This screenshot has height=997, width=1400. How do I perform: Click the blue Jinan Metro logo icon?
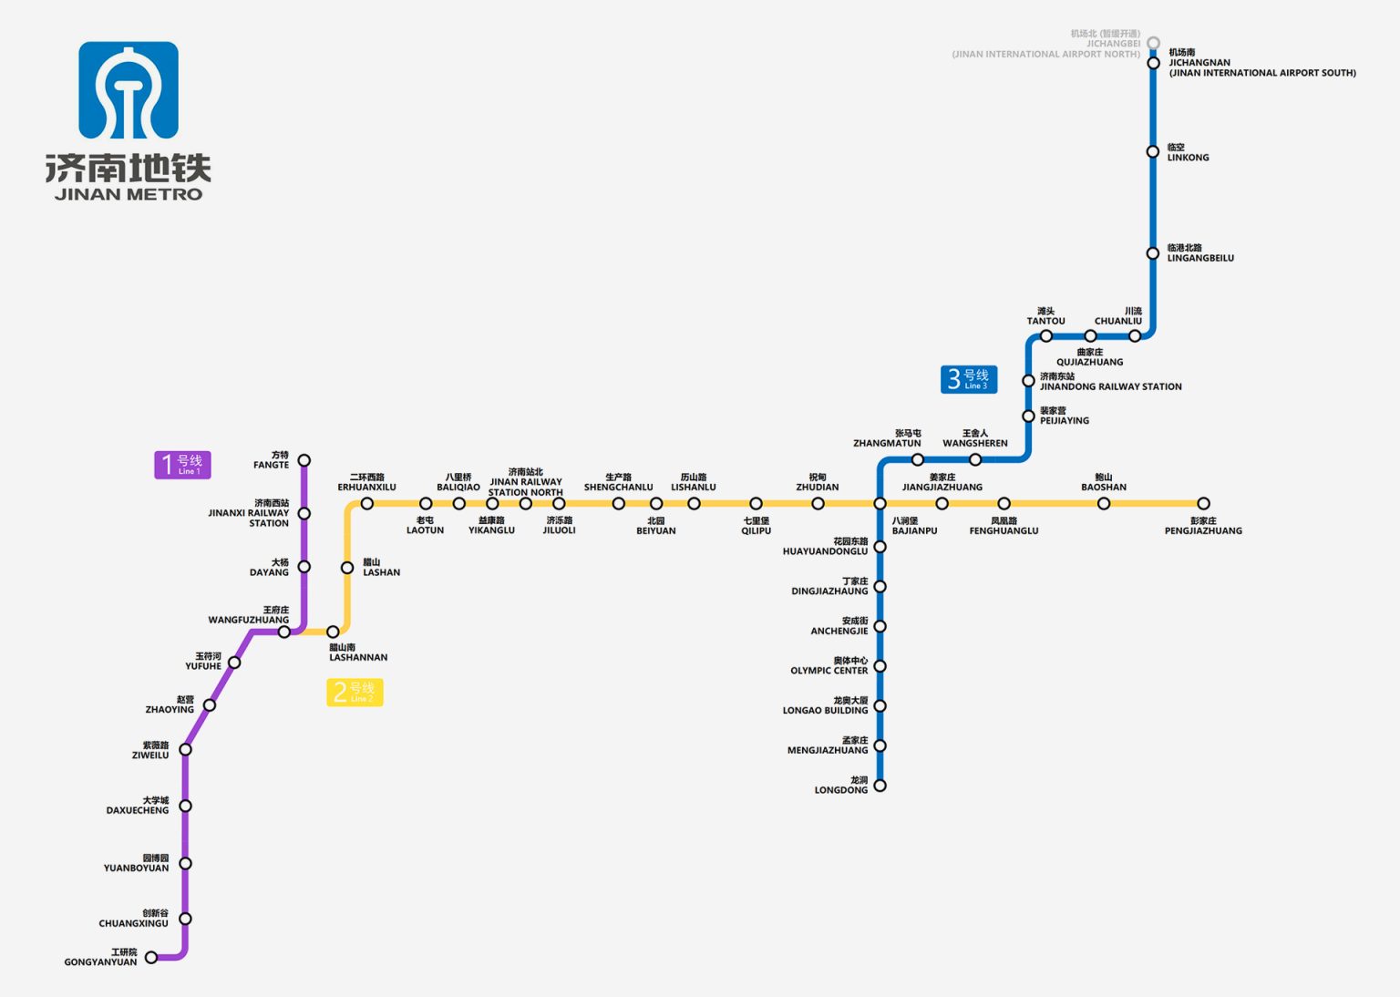pyautogui.click(x=129, y=90)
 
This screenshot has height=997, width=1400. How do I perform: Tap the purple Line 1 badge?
pyautogui.click(x=182, y=465)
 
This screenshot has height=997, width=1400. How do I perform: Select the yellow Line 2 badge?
pyautogui.click(x=355, y=693)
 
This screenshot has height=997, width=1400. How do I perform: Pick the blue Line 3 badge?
pyautogui.click(x=969, y=379)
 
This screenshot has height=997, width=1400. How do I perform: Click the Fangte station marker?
pyautogui.click(x=304, y=460)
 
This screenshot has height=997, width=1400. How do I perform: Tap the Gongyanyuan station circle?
pyautogui.click(x=151, y=957)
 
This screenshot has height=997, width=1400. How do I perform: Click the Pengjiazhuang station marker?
pyautogui.click(x=1203, y=503)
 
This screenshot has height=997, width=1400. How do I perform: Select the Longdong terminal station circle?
pyautogui.click(x=880, y=786)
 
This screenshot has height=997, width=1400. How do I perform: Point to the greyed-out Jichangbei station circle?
pyautogui.click(x=1153, y=43)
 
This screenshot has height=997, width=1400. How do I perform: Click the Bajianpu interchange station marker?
pyautogui.click(x=880, y=503)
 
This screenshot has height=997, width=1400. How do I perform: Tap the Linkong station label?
pyautogui.click(x=1188, y=152)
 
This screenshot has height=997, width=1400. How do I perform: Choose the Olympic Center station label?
pyautogui.click(x=829, y=666)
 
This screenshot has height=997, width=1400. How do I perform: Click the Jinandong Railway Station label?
pyautogui.click(x=1110, y=382)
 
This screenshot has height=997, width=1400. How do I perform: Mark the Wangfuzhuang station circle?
pyautogui.click(x=284, y=632)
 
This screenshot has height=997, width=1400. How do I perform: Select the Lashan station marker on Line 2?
pyautogui.click(x=347, y=568)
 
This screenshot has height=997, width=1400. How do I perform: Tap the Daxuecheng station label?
pyautogui.click(x=138, y=806)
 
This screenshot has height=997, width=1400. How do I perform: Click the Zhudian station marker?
pyautogui.click(x=818, y=503)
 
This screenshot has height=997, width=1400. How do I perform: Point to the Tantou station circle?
pyautogui.click(x=1046, y=336)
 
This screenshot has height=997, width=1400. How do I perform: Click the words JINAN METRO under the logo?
pyautogui.click(x=129, y=194)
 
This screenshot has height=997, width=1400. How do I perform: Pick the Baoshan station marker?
pyautogui.click(x=1104, y=503)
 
